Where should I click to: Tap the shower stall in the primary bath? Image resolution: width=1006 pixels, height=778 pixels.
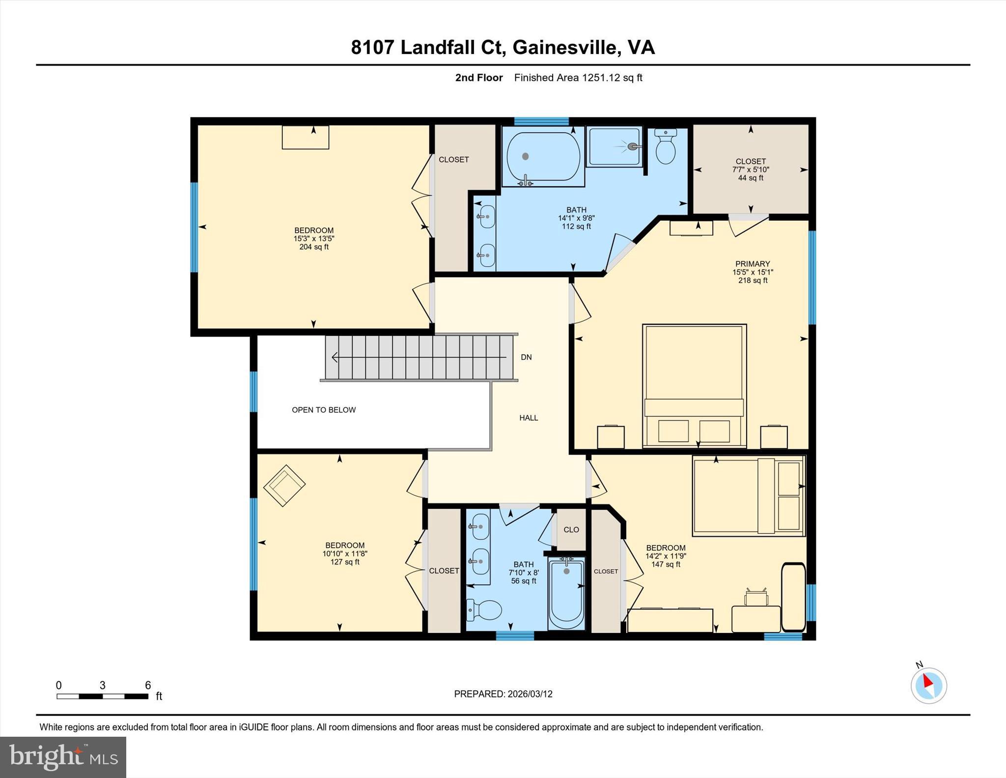tap(614, 146)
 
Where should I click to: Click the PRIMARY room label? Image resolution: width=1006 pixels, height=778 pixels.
tap(752, 264)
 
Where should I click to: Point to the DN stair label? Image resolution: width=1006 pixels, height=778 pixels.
tap(526, 357)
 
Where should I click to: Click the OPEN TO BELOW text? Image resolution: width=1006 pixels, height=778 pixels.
tap(324, 410)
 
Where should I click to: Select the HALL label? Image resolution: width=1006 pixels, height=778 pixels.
tap(529, 418)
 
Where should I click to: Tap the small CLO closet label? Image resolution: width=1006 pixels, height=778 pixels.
tap(571, 530)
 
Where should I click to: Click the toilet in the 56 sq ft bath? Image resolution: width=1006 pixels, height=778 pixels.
tap(484, 610)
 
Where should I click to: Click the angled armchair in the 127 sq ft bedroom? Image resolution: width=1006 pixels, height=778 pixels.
tap(284, 486)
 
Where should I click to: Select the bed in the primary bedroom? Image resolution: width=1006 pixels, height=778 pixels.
tap(694, 386)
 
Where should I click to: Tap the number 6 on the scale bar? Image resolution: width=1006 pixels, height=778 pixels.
tap(148, 685)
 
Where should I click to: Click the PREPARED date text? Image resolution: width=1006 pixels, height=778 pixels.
tap(503, 694)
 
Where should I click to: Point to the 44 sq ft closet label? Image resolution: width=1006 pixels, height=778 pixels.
tap(751, 178)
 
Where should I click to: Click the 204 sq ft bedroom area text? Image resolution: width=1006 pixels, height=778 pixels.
tap(314, 247)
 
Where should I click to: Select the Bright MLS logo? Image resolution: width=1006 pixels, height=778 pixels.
tap(63, 757)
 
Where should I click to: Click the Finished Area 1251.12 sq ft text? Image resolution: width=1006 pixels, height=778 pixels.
tap(578, 78)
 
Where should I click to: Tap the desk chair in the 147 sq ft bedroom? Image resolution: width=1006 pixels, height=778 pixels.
tap(756, 597)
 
